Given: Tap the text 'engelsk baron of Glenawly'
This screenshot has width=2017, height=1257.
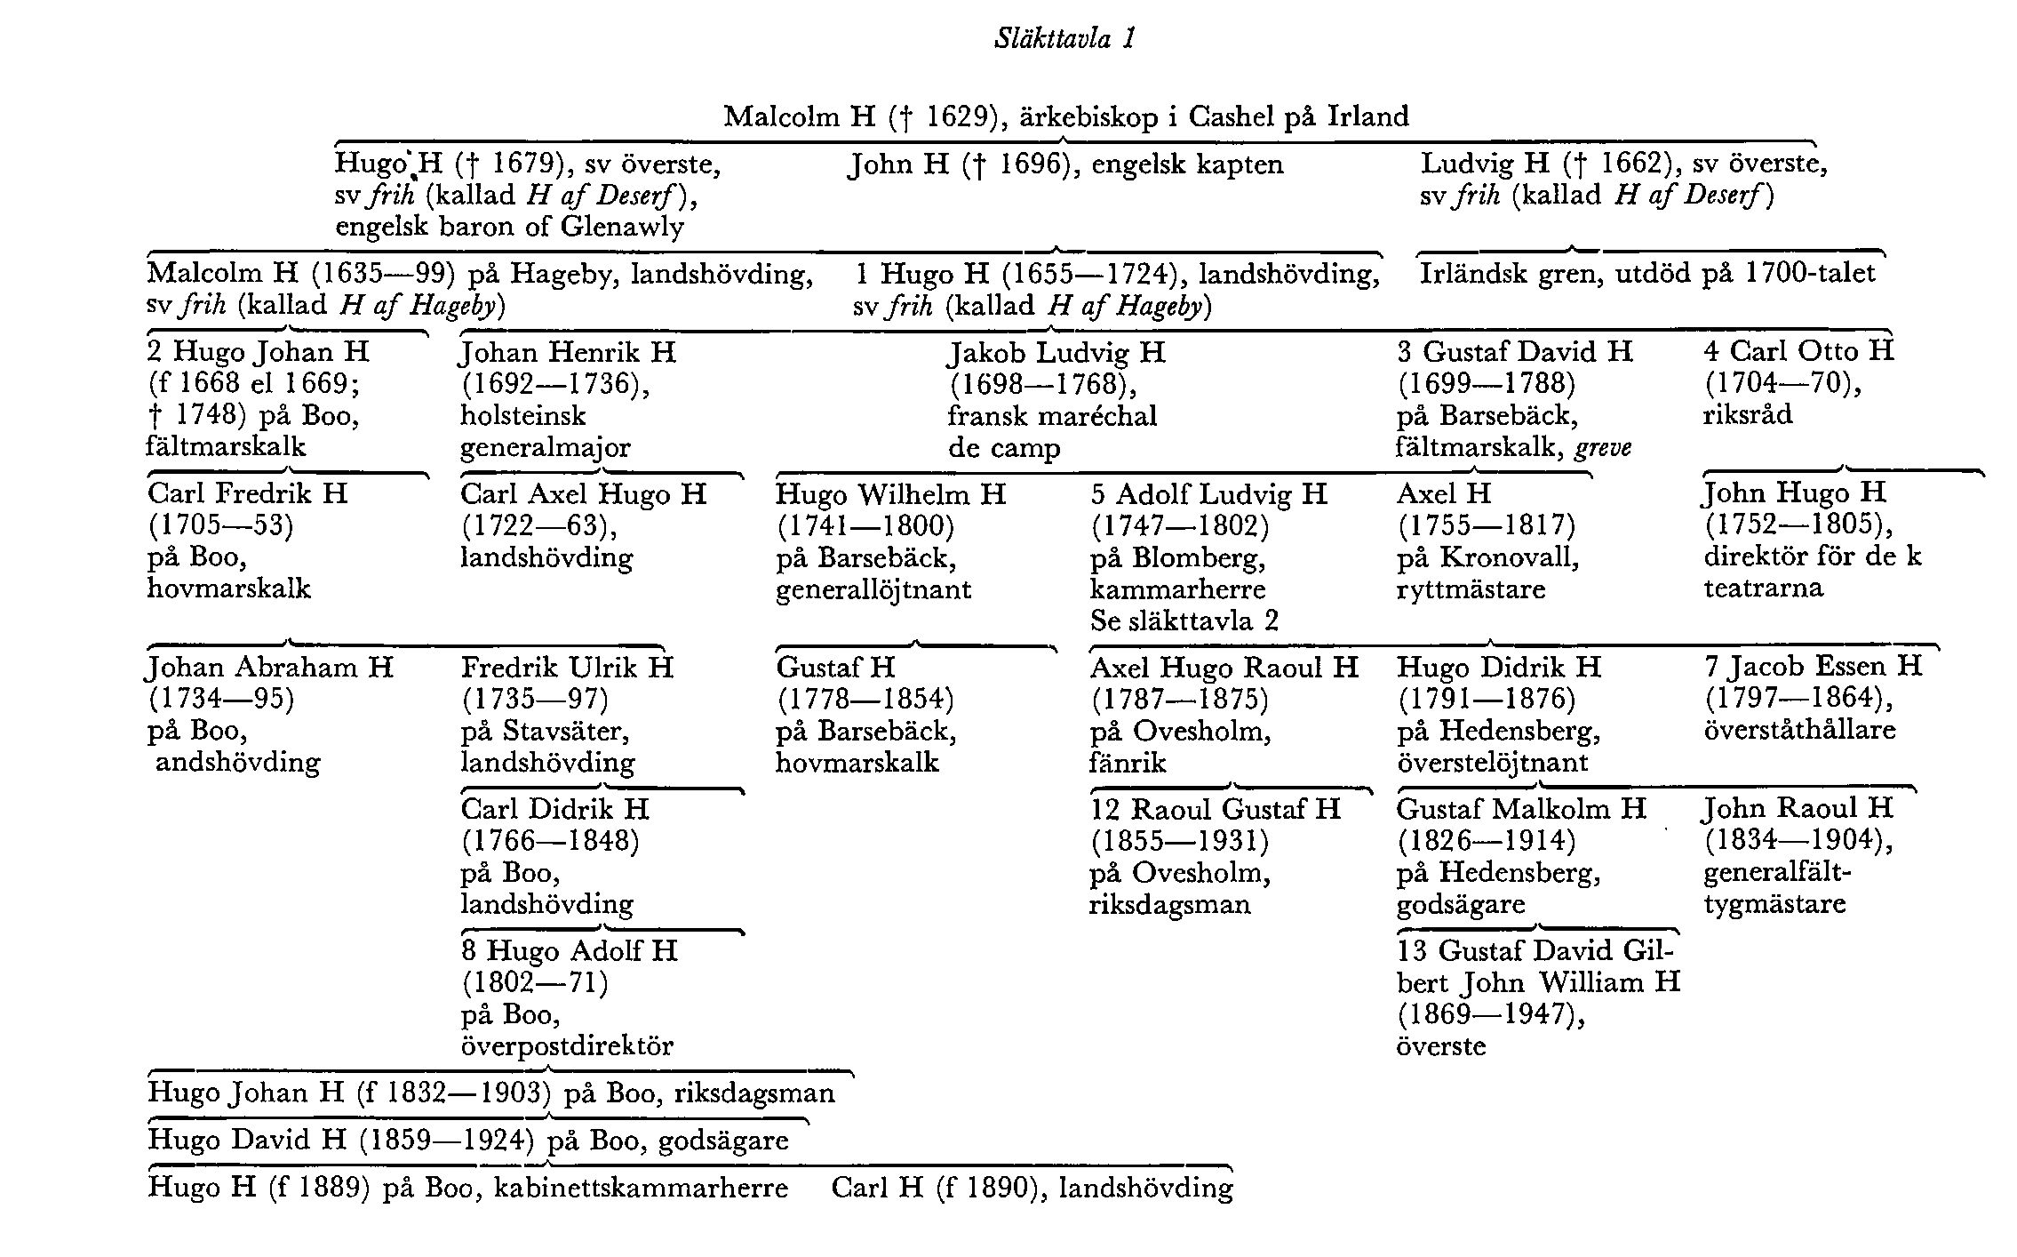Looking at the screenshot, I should coord(509,227).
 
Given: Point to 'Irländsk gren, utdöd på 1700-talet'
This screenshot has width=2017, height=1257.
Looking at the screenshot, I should coord(1646,273).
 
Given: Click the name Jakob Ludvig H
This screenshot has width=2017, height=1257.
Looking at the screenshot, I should coord(1056,353).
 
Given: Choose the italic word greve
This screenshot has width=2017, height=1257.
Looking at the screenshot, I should coord(1603,447).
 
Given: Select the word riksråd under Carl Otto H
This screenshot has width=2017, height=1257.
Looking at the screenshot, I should coord(1747,415).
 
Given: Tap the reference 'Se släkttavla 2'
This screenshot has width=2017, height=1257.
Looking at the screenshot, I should coord(1184,620).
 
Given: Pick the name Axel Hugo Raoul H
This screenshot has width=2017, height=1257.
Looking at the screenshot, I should coord(1224,668).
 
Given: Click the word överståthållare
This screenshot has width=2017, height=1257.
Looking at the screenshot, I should coord(1799,731).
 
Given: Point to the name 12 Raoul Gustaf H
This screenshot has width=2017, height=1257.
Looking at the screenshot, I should coord(1215,809).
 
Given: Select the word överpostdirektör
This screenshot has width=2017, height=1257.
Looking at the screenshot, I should coord(567,1046).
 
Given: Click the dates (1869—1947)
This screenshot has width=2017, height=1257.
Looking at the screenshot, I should coord(1491,1014).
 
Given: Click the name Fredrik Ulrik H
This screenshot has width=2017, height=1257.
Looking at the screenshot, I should coord(567,668).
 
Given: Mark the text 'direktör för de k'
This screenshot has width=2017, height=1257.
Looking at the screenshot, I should coord(1812,557).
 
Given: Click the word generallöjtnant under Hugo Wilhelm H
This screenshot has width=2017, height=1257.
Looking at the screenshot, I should coord(873,589).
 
